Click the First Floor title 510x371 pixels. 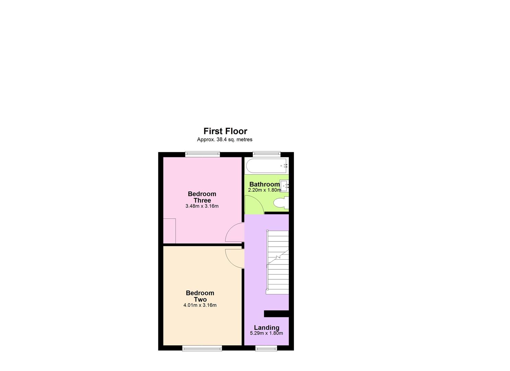(x=225, y=131)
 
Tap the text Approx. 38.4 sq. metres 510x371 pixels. (x=225, y=139)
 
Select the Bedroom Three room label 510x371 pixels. (x=202, y=197)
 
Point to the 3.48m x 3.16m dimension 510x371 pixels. (x=202, y=206)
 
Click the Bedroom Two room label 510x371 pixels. (x=200, y=296)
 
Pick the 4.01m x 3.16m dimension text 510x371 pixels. (x=200, y=305)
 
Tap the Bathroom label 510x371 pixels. (x=264, y=184)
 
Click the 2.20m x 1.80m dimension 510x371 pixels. (x=264, y=190)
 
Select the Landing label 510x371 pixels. (x=267, y=328)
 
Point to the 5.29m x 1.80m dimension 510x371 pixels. (x=267, y=333)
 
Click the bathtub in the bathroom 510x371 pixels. (x=267, y=166)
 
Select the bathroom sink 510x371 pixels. (x=284, y=186)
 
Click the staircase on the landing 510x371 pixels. (x=278, y=262)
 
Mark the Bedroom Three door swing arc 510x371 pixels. (x=235, y=233)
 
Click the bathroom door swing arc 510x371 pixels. (x=254, y=205)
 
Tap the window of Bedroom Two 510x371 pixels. (x=202, y=348)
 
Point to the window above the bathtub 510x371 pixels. (x=267, y=154)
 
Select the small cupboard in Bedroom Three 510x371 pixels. (x=169, y=231)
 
